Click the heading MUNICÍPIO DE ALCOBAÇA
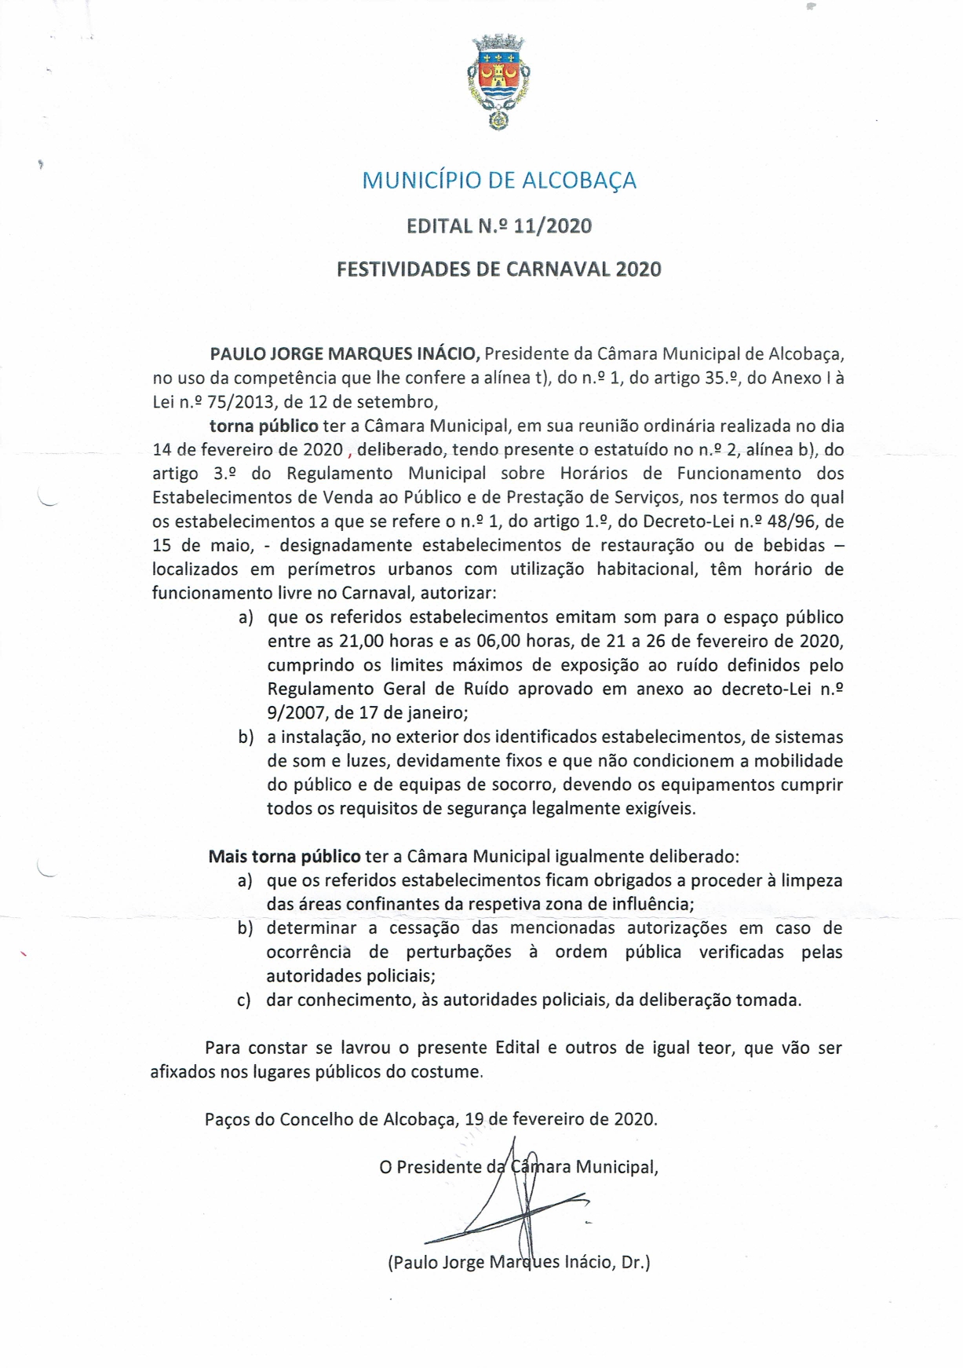[498, 181]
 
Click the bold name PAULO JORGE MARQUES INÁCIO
[345, 353]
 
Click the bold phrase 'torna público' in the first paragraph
[264, 426]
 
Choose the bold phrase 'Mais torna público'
[284, 856]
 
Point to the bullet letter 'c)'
[244, 1000]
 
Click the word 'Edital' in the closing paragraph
[517, 1048]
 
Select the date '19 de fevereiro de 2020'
[560, 1119]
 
